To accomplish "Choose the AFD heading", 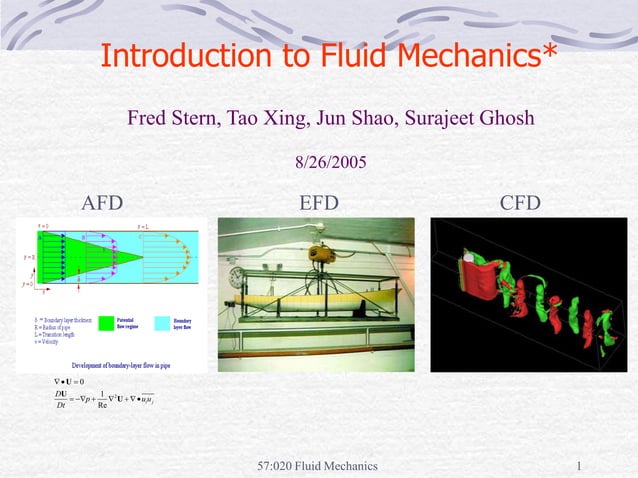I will pyautogui.click(x=102, y=204).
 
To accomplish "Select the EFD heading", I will pyautogui.click(x=319, y=204).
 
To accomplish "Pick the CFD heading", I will pyautogui.click(x=520, y=204).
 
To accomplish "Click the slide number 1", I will pyautogui.click(x=580, y=466).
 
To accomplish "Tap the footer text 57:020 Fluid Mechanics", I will pyautogui.click(x=317, y=466).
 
